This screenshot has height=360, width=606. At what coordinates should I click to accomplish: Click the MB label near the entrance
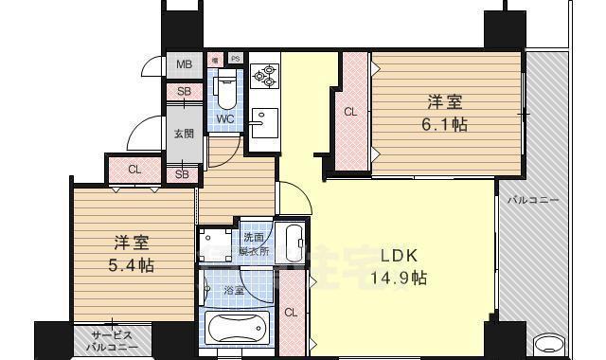tap(185, 64)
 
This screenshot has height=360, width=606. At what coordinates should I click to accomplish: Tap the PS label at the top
tap(235, 59)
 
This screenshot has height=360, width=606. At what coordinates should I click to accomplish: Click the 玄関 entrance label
tap(184, 133)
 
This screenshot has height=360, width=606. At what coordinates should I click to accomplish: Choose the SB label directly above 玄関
tap(183, 92)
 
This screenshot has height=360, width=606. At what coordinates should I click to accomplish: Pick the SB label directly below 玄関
tap(182, 173)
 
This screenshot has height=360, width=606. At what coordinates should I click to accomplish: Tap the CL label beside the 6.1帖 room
tap(350, 112)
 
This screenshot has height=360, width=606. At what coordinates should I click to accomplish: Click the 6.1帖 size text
tap(444, 125)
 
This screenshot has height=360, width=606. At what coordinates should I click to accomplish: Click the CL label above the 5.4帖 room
tap(134, 171)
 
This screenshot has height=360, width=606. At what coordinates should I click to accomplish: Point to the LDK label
tap(399, 257)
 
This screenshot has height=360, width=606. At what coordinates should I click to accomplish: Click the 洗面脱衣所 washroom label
tap(255, 244)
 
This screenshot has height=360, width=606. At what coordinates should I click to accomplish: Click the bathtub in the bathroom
tap(235, 330)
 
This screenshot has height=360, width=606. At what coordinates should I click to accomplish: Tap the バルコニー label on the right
tap(531, 201)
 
